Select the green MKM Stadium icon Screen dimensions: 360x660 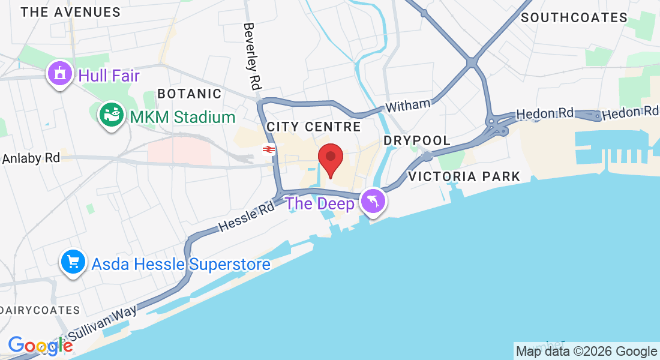111,114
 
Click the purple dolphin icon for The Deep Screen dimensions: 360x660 373,202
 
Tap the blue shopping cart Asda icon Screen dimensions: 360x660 73,263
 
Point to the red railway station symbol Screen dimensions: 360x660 268,150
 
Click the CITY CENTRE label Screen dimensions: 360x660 313,127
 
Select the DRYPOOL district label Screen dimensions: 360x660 417,140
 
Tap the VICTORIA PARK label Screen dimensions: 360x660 464,176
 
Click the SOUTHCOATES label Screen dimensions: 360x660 574,18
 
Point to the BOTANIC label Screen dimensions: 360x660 189,94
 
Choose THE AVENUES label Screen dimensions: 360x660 70,12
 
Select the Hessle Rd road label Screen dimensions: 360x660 247,217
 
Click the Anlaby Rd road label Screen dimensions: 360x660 31,158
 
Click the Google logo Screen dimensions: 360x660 40,346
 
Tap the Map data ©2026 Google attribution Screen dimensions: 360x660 586,352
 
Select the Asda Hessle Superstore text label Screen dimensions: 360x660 181,264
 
